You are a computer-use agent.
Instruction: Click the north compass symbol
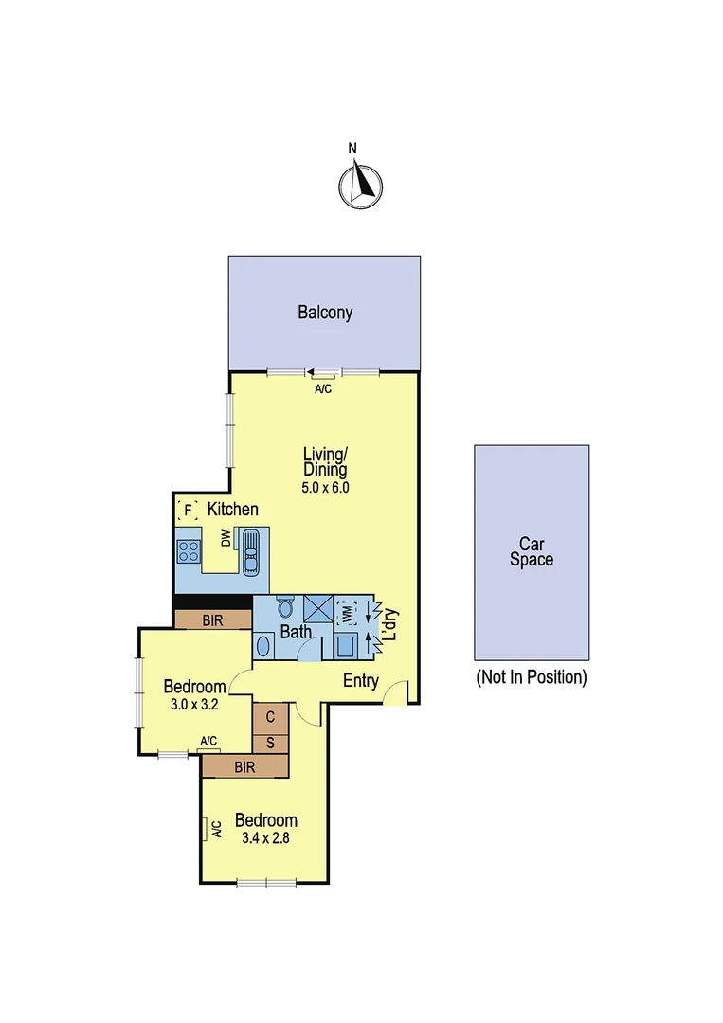(x=360, y=184)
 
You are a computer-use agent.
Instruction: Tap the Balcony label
(x=325, y=313)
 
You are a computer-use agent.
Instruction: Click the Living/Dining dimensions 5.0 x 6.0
(x=325, y=487)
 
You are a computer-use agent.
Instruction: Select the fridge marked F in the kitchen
(x=188, y=510)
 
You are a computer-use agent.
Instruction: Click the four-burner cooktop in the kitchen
(x=189, y=550)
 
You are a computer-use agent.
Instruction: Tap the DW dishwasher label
(x=226, y=539)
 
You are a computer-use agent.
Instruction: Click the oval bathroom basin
(x=264, y=646)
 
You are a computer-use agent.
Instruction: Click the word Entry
(x=360, y=680)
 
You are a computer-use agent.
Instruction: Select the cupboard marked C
(x=270, y=717)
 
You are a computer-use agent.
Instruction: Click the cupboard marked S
(x=270, y=743)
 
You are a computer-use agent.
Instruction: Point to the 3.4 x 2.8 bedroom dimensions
(x=265, y=837)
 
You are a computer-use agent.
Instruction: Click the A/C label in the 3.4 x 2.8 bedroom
(x=215, y=830)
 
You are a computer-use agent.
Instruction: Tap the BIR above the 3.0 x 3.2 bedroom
(x=212, y=620)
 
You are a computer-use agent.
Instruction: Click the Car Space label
(x=532, y=551)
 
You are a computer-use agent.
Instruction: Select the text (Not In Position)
(x=531, y=677)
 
